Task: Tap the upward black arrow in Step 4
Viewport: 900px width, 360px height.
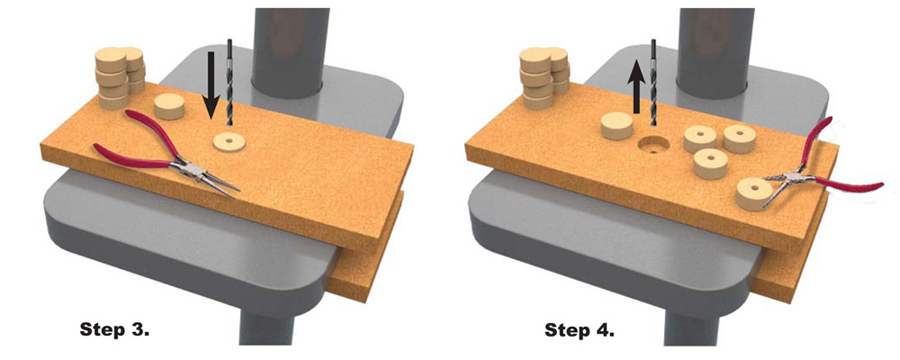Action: coord(635,86)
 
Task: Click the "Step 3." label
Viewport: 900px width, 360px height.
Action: coord(114,330)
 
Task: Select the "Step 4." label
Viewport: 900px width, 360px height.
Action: coord(579,330)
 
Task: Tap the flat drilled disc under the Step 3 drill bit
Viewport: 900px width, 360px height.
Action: coord(229,142)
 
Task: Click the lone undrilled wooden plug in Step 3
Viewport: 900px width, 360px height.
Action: coord(169,106)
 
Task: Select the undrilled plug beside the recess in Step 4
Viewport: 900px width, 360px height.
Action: coord(616,126)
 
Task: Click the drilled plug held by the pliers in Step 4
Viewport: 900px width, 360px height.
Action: coord(753,194)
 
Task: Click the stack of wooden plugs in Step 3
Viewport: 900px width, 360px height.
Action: coord(120,78)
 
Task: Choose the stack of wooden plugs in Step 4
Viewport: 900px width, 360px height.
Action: coord(544,78)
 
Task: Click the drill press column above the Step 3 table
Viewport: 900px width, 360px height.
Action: coord(288,49)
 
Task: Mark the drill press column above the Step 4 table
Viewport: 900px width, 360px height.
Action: coord(712,49)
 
